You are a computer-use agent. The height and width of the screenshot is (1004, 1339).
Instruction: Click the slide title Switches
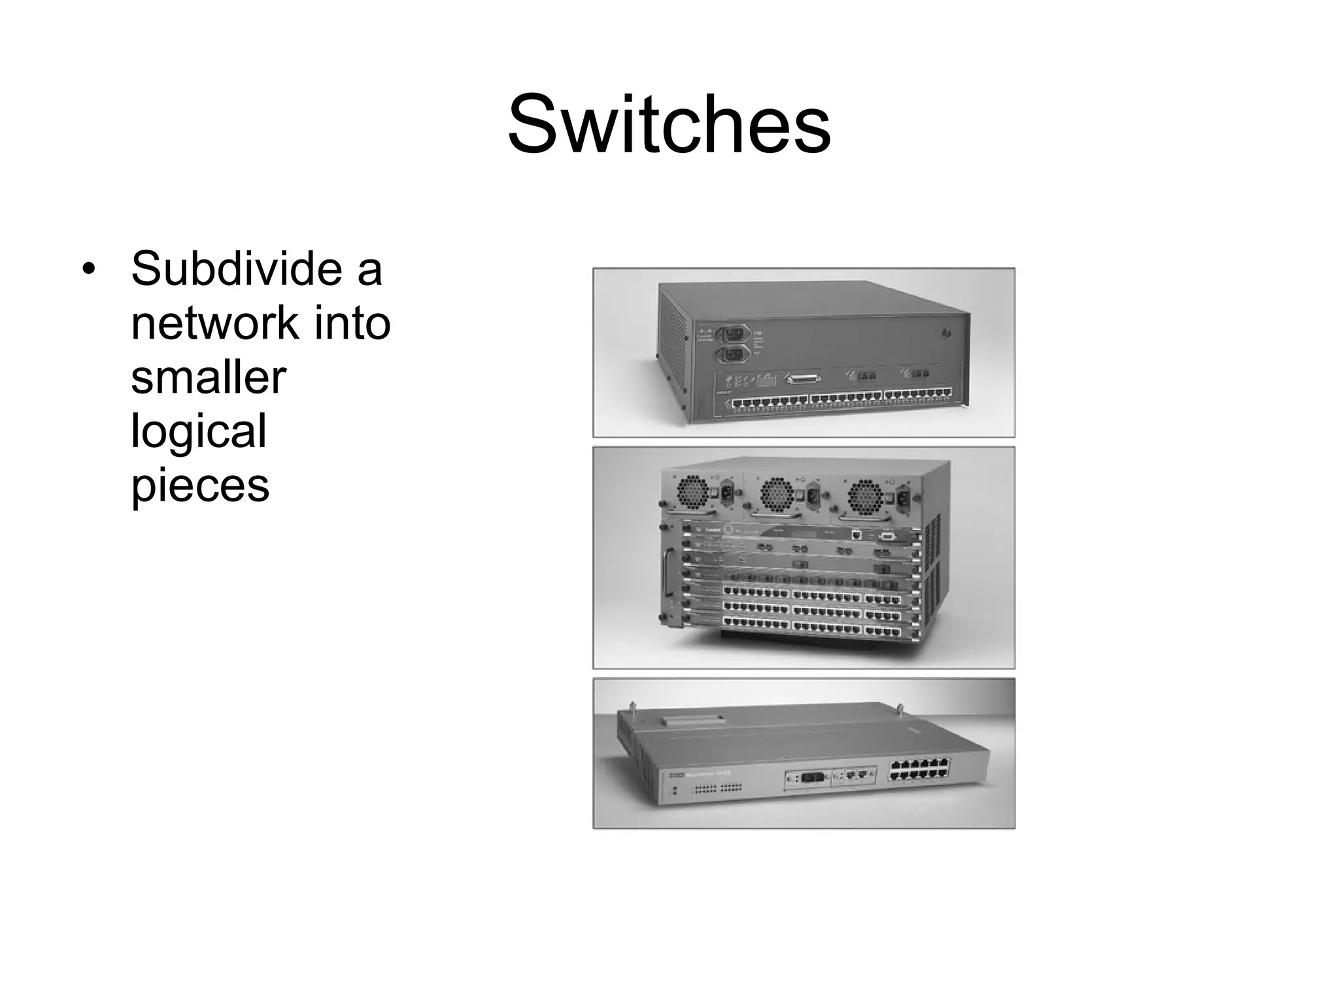point(669,124)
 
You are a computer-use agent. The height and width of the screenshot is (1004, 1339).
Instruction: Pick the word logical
point(199,431)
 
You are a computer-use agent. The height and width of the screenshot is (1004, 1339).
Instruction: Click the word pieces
point(200,486)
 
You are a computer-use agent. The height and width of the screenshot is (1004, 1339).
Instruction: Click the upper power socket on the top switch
point(732,333)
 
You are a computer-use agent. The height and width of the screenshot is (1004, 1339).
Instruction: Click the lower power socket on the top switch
point(732,355)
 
